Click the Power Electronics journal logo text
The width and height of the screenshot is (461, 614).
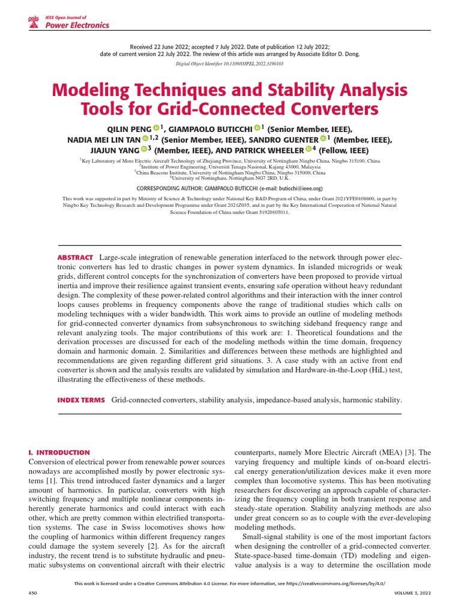point(77,25)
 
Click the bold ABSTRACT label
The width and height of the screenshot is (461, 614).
point(75,257)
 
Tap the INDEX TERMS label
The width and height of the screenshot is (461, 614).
point(81,400)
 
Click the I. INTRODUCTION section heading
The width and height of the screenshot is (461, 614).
point(59,452)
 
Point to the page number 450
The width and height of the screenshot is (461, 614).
point(33,592)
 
